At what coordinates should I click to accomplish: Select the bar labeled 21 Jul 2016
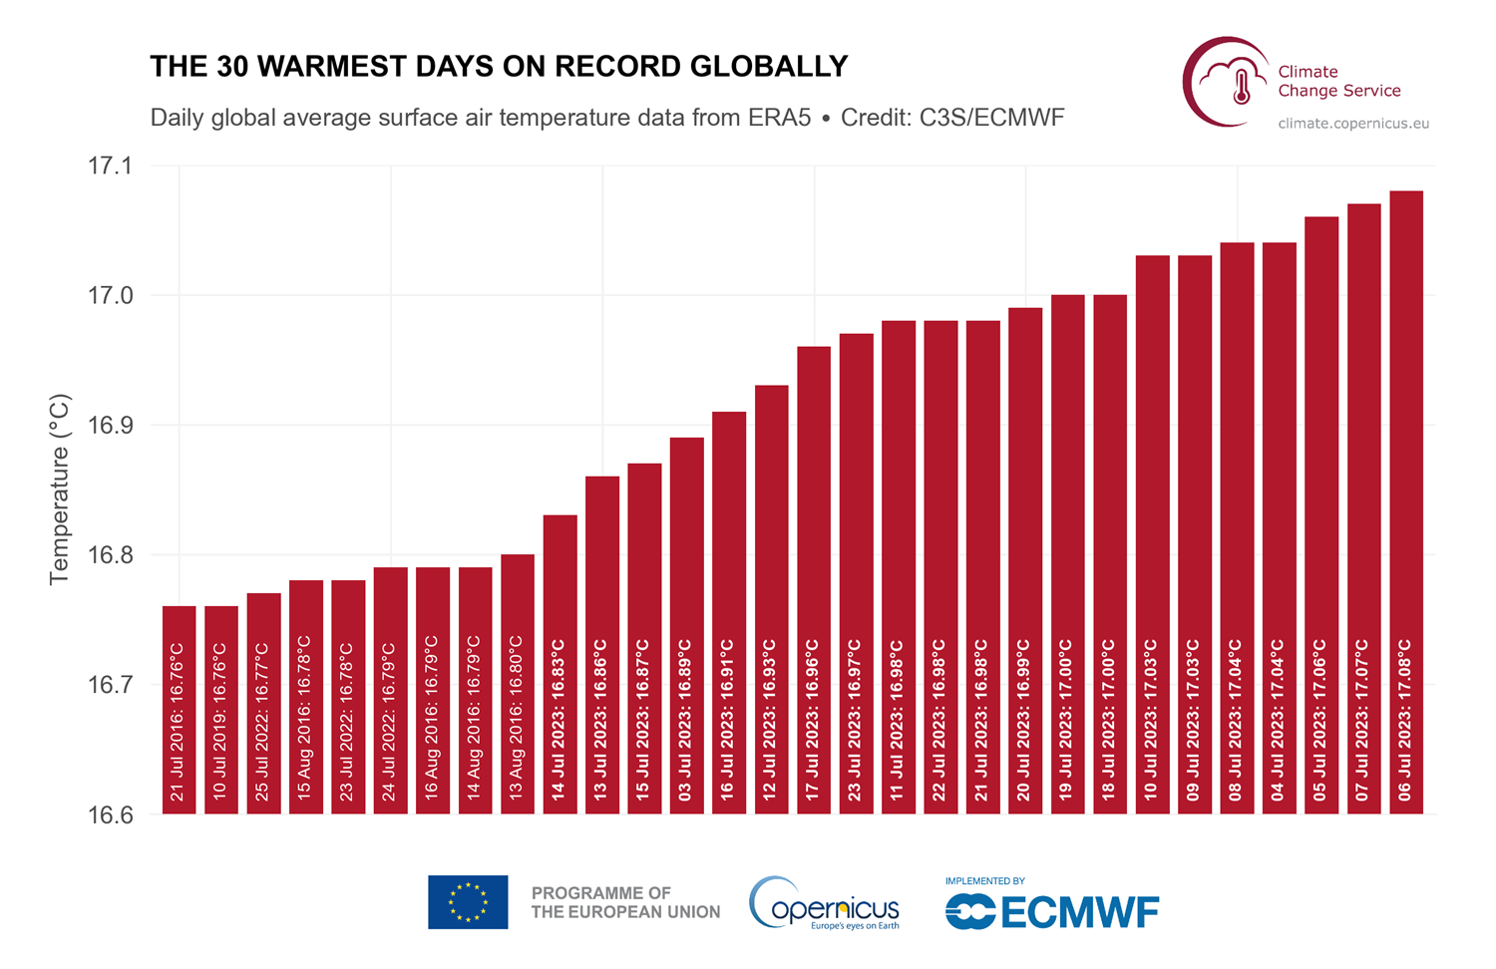(x=180, y=709)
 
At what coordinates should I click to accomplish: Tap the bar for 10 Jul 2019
(x=221, y=709)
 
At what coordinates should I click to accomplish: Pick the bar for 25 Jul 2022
(x=264, y=703)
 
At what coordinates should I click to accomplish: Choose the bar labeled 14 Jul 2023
(x=561, y=664)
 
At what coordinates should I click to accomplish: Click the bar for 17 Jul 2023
(x=814, y=579)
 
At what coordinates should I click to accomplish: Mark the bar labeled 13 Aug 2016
(x=518, y=684)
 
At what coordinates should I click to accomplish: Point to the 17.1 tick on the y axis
(x=110, y=166)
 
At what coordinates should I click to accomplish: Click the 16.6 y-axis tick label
(x=110, y=815)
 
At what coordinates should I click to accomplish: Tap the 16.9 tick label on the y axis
(x=110, y=426)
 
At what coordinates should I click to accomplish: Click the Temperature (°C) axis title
(x=60, y=489)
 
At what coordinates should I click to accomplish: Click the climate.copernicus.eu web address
(x=1353, y=124)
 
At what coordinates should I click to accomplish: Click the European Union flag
(x=468, y=902)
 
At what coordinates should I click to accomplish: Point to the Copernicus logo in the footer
(x=825, y=903)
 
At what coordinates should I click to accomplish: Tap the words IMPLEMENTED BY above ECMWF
(x=984, y=881)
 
